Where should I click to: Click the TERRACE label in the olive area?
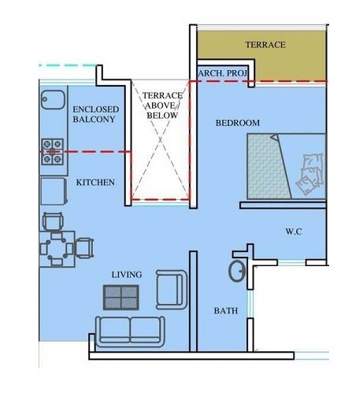tap(265, 45)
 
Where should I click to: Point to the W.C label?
tap(294, 231)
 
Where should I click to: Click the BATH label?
tap(225, 311)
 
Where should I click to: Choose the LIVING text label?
tap(126, 274)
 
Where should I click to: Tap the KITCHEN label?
tap(95, 182)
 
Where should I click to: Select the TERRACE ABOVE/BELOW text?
tap(162, 105)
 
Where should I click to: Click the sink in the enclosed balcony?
tap(53, 102)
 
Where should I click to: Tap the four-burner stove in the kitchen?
tap(53, 150)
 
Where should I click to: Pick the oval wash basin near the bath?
tap(236, 272)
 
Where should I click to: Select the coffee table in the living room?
tap(122, 297)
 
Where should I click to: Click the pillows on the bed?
tap(310, 172)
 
